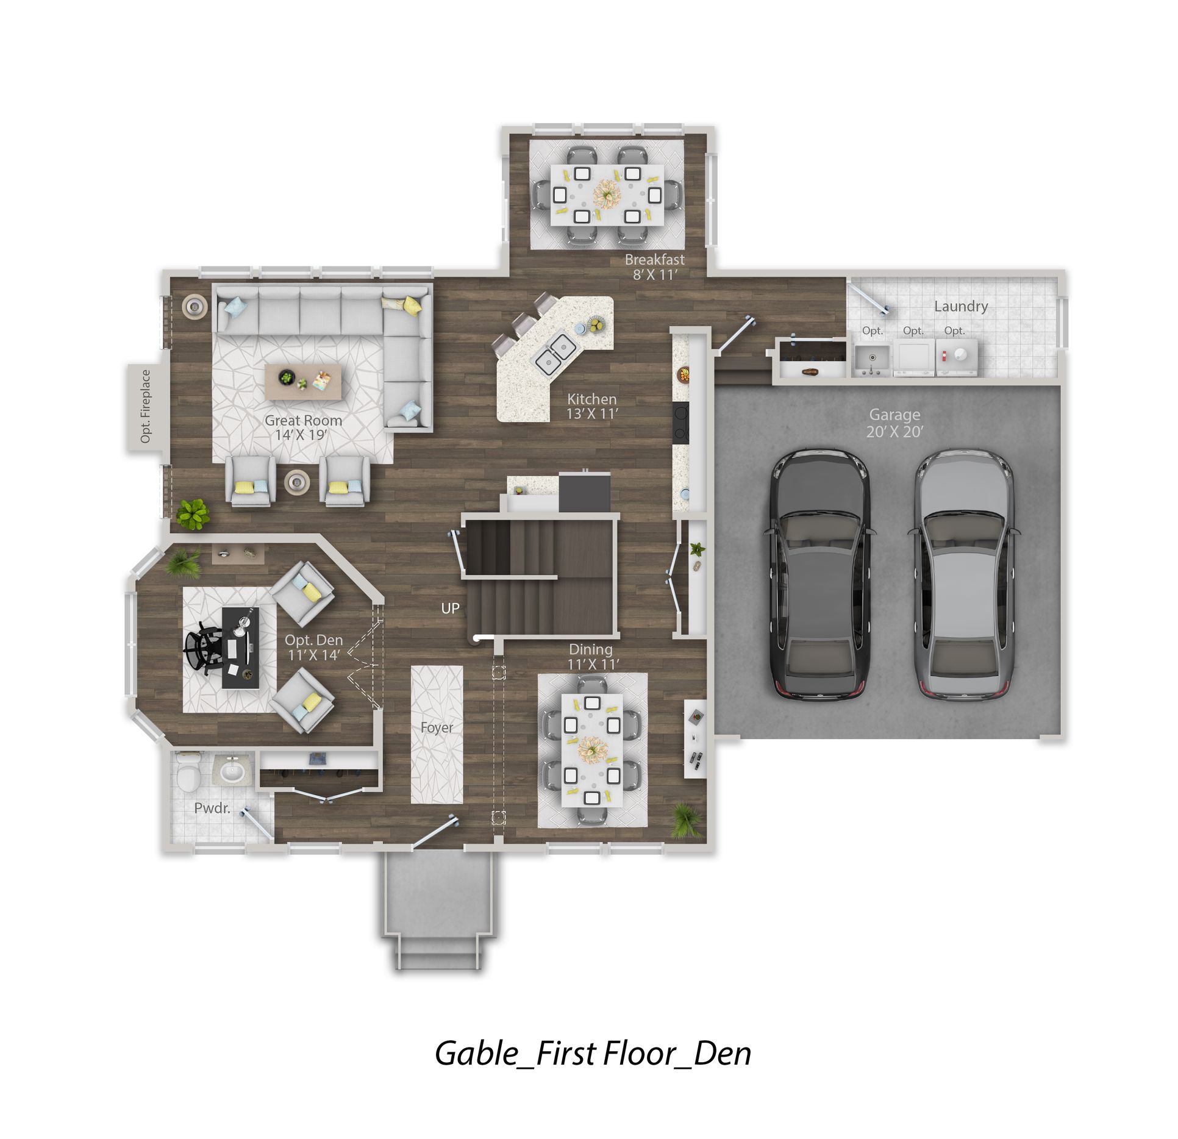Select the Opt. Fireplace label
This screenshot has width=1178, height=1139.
click(145, 406)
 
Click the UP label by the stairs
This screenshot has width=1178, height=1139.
click(450, 609)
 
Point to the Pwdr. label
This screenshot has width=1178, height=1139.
click(212, 809)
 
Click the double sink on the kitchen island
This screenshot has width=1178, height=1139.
click(555, 353)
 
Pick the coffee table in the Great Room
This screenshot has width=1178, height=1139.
click(304, 382)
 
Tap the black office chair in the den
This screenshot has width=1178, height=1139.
click(204, 651)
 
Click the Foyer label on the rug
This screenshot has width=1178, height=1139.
click(437, 727)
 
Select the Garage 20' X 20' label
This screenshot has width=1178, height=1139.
click(894, 423)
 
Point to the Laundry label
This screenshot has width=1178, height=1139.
click(961, 306)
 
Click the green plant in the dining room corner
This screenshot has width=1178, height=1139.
click(686, 819)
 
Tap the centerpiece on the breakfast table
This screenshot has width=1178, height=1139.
click(607, 193)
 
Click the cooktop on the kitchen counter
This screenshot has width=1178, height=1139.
click(680, 423)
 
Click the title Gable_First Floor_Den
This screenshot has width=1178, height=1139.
click(593, 1053)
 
